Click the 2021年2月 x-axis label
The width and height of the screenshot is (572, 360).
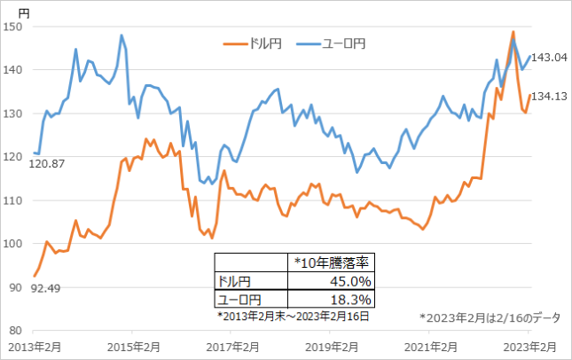click(430, 346)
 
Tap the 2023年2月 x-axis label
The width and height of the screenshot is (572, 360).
click(530, 346)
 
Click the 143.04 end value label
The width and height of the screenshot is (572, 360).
click(550, 58)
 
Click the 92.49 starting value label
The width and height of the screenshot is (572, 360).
click(44, 288)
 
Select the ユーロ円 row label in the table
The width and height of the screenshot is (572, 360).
click(240, 299)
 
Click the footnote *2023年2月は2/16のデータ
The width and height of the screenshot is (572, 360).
click(490, 317)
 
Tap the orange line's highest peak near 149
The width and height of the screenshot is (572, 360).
click(513, 32)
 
